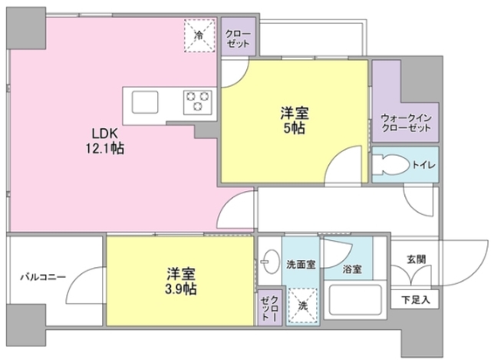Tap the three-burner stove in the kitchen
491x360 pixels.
(197, 101)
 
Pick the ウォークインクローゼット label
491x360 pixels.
(405, 124)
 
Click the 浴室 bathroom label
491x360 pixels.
(352, 270)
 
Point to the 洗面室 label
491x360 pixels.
(300, 264)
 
